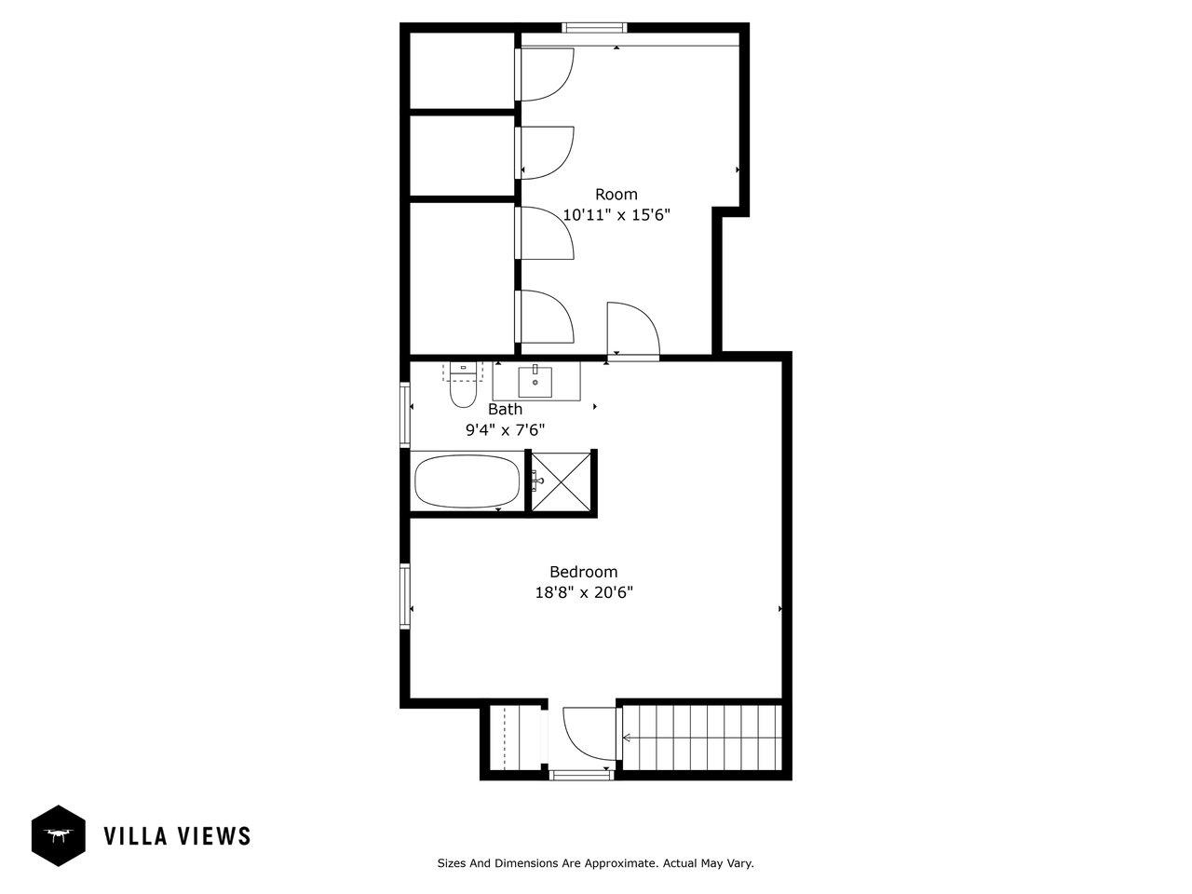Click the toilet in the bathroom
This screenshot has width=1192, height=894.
click(x=463, y=385)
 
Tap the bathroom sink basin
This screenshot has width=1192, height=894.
click(x=535, y=382)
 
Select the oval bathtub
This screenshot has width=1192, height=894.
click(x=467, y=481)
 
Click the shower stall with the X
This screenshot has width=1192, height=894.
click(x=561, y=482)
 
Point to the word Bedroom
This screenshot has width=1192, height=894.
click(x=583, y=572)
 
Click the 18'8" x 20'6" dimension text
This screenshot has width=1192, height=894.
click(x=584, y=592)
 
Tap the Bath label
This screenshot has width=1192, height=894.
click(x=505, y=409)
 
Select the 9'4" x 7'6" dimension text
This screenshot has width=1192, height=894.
click(x=505, y=430)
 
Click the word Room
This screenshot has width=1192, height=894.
click(x=616, y=195)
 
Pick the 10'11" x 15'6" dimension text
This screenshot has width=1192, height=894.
click(x=616, y=215)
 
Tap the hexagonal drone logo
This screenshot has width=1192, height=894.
click(x=59, y=836)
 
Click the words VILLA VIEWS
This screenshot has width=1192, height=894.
click(x=178, y=836)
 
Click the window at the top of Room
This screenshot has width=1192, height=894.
click(x=594, y=28)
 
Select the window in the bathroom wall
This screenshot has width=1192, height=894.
click(x=404, y=414)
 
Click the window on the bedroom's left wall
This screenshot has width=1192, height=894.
click(x=404, y=597)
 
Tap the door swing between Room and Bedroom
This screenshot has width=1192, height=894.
click(x=633, y=329)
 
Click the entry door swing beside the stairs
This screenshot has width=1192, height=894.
click(x=590, y=733)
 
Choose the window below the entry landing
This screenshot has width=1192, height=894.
click(x=581, y=775)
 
